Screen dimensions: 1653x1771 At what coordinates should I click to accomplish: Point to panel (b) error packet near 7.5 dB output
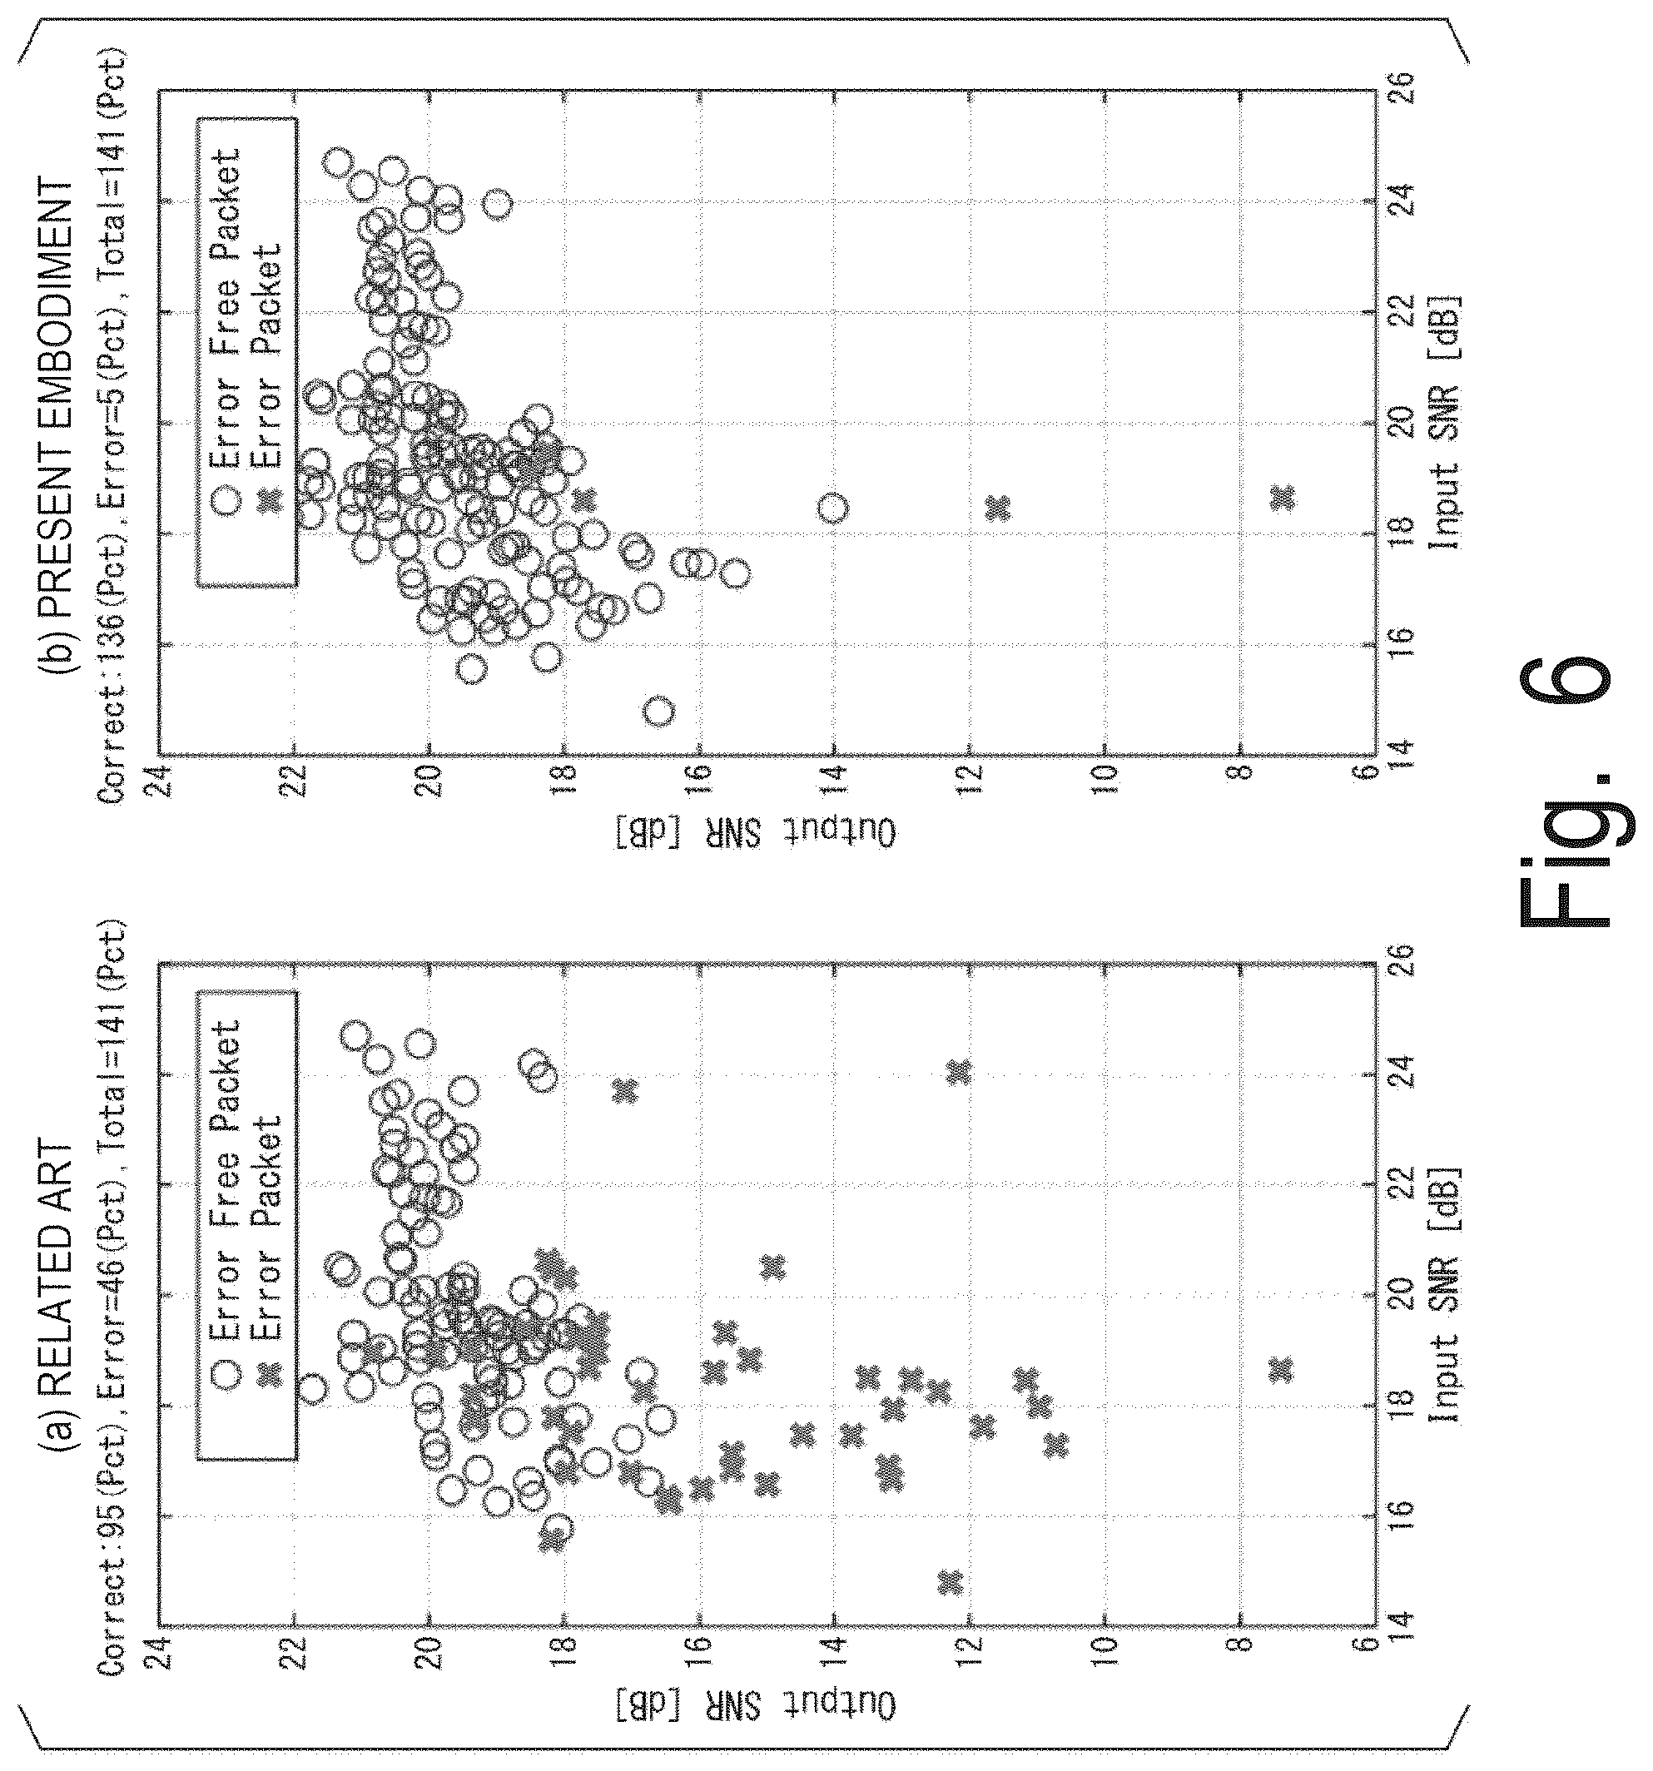[1283, 498]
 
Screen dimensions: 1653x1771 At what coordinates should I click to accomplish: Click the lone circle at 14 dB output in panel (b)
[832, 508]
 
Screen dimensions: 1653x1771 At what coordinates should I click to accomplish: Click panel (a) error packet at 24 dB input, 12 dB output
[959, 1072]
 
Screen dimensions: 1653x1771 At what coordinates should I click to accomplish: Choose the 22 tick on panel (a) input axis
[1402, 1185]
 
